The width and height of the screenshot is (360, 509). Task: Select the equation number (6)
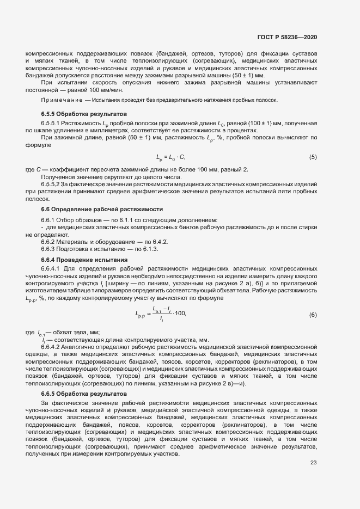click(x=313, y=315)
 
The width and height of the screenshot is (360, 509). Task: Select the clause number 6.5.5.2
click(x=51, y=185)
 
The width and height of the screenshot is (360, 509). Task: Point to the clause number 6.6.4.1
click(x=51, y=269)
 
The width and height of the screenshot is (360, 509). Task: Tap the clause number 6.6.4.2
click(x=51, y=347)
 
